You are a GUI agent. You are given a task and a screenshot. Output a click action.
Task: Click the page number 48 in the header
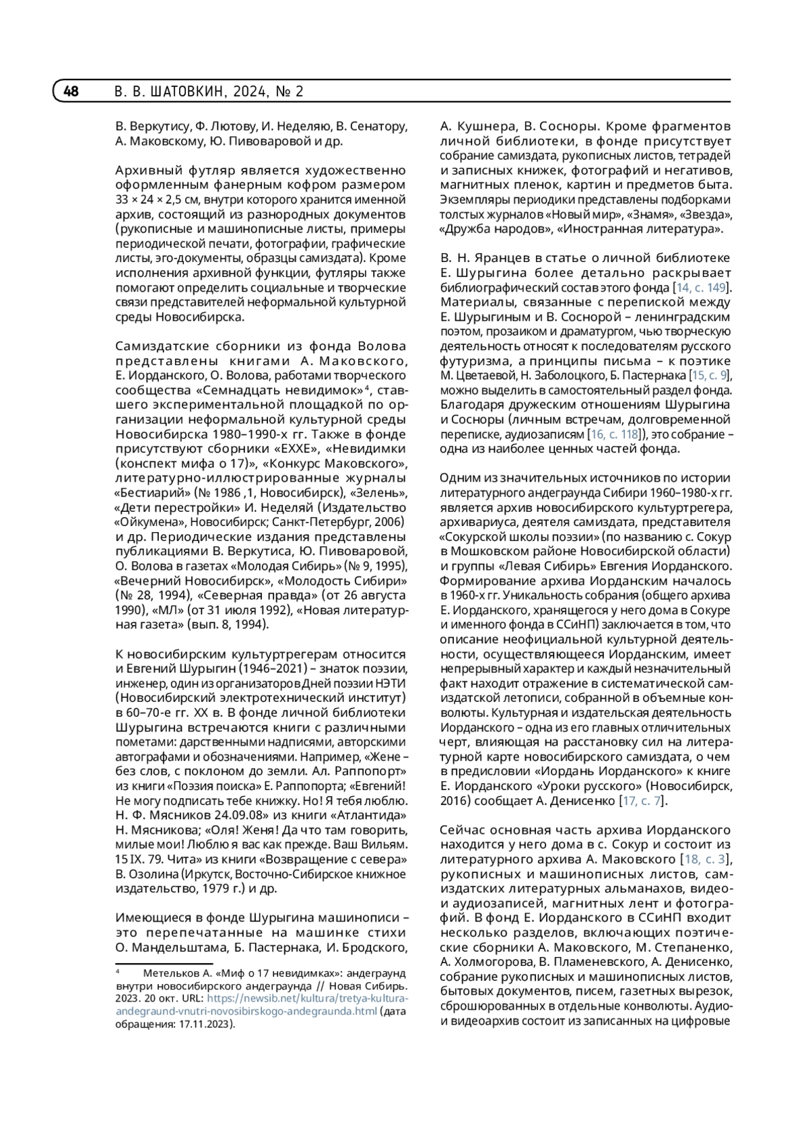(x=71, y=91)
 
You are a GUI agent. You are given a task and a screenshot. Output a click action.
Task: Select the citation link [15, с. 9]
(x=706, y=375)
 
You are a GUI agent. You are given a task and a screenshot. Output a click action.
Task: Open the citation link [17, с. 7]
(x=643, y=801)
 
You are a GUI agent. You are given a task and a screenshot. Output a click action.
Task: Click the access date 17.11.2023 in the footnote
(x=204, y=1024)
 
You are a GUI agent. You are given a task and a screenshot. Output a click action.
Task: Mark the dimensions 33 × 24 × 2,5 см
(x=157, y=200)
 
